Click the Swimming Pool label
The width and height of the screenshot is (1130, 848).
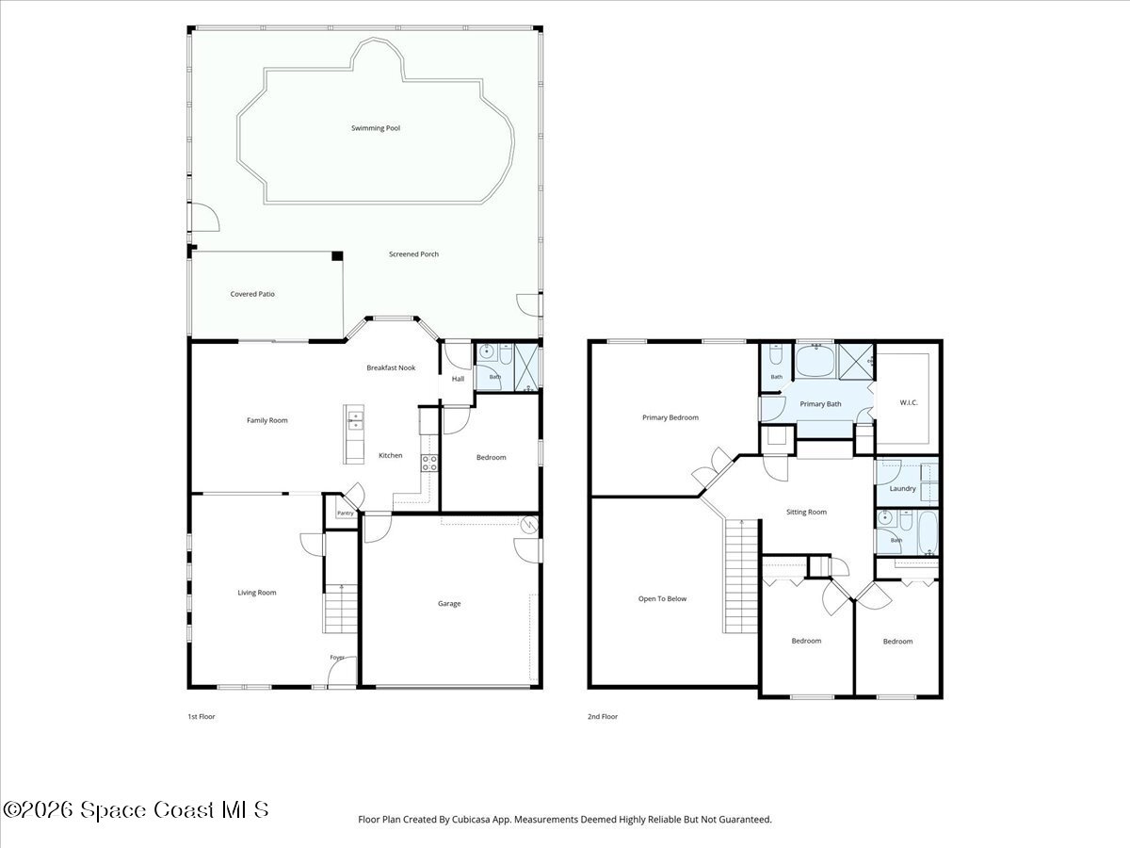pyautogui.click(x=376, y=128)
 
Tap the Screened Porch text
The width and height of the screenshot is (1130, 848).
pyautogui.click(x=413, y=253)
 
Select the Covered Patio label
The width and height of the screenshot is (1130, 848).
pyautogui.click(x=252, y=294)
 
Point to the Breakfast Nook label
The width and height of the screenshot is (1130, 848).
pyautogui.click(x=391, y=367)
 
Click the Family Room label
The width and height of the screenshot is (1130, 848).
pyautogui.click(x=266, y=420)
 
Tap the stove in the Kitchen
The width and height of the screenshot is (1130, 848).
pyautogui.click(x=429, y=463)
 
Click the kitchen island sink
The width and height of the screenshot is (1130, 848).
pyautogui.click(x=355, y=420)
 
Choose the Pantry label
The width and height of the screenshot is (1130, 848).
pyautogui.click(x=346, y=513)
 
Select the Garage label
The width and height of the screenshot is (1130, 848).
pyautogui.click(x=449, y=603)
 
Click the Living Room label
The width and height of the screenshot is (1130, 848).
pyautogui.click(x=256, y=593)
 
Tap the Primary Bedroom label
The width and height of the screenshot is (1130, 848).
pyautogui.click(x=670, y=417)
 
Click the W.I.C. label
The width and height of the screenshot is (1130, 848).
pyautogui.click(x=909, y=402)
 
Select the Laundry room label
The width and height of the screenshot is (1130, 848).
pyautogui.click(x=902, y=489)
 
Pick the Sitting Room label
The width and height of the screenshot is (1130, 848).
pyautogui.click(x=806, y=512)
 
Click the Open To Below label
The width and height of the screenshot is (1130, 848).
pyautogui.click(x=662, y=599)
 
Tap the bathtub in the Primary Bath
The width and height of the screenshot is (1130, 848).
pyautogui.click(x=815, y=361)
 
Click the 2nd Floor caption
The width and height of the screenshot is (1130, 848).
pyautogui.click(x=603, y=716)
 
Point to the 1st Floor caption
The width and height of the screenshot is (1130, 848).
pyautogui.click(x=202, y=716)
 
